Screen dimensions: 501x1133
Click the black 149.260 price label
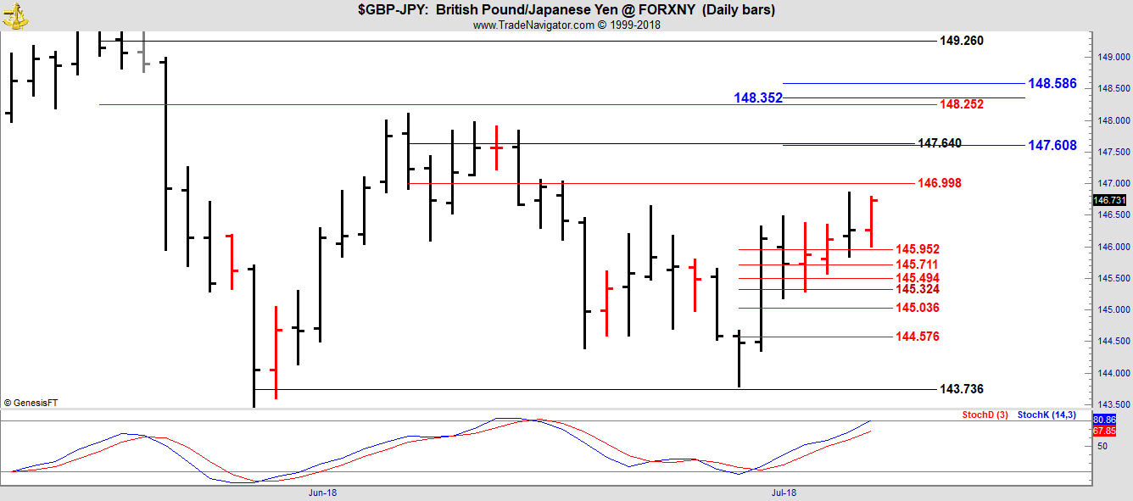point(962,41)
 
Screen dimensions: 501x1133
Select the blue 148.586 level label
point(1052,84)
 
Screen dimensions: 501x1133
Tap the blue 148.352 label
point(758,98)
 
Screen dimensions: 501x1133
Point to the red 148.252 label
point(962,104)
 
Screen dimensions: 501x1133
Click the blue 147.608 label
point(1052,146)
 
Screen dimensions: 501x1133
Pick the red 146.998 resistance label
point(939,183)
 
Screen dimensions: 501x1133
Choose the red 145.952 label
point(918,249)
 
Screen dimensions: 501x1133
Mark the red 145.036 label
point(918,308)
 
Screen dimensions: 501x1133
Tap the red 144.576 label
point(918,337)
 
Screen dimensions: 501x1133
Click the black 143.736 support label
point(962,389)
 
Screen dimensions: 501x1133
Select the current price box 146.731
point(1109,200)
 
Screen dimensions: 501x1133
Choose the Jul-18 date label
point(783,492)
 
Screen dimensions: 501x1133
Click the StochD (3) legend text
point(985,415)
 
